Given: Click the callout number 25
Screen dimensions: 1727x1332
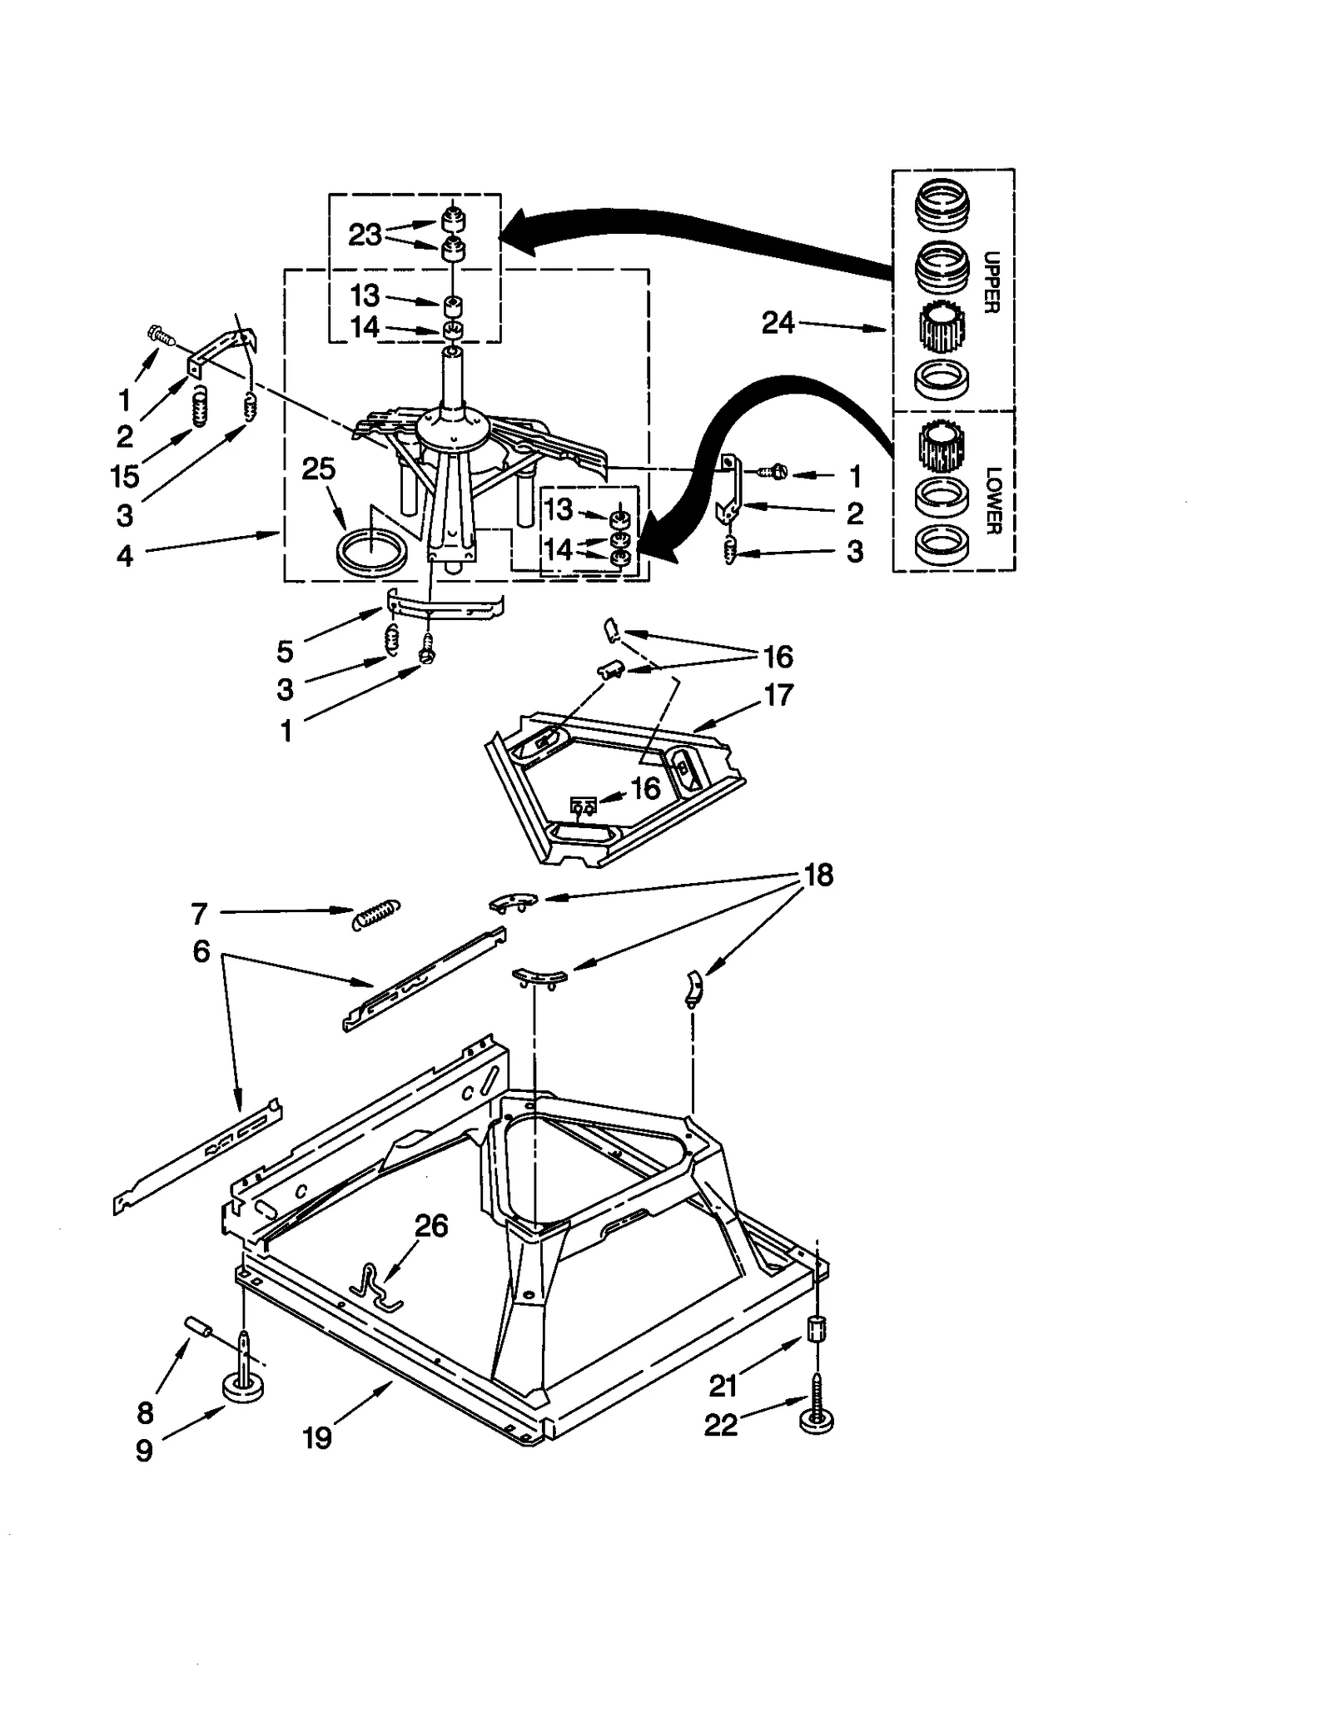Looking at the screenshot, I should pos(318,469).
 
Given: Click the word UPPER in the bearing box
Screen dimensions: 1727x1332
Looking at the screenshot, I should pos(990,282).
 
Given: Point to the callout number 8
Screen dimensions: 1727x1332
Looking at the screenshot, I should pos(145,1412).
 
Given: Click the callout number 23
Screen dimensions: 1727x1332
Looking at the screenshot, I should pos(365,236).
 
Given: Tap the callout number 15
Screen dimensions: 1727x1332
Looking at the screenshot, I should pos(125,477).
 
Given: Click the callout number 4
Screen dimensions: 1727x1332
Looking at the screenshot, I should pos(125,556).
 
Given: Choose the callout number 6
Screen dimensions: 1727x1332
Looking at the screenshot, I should pos(201,951).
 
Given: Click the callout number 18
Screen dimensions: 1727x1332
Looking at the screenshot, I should pos(818,875).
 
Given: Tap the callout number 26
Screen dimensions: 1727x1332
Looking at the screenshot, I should pos(431,1226).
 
